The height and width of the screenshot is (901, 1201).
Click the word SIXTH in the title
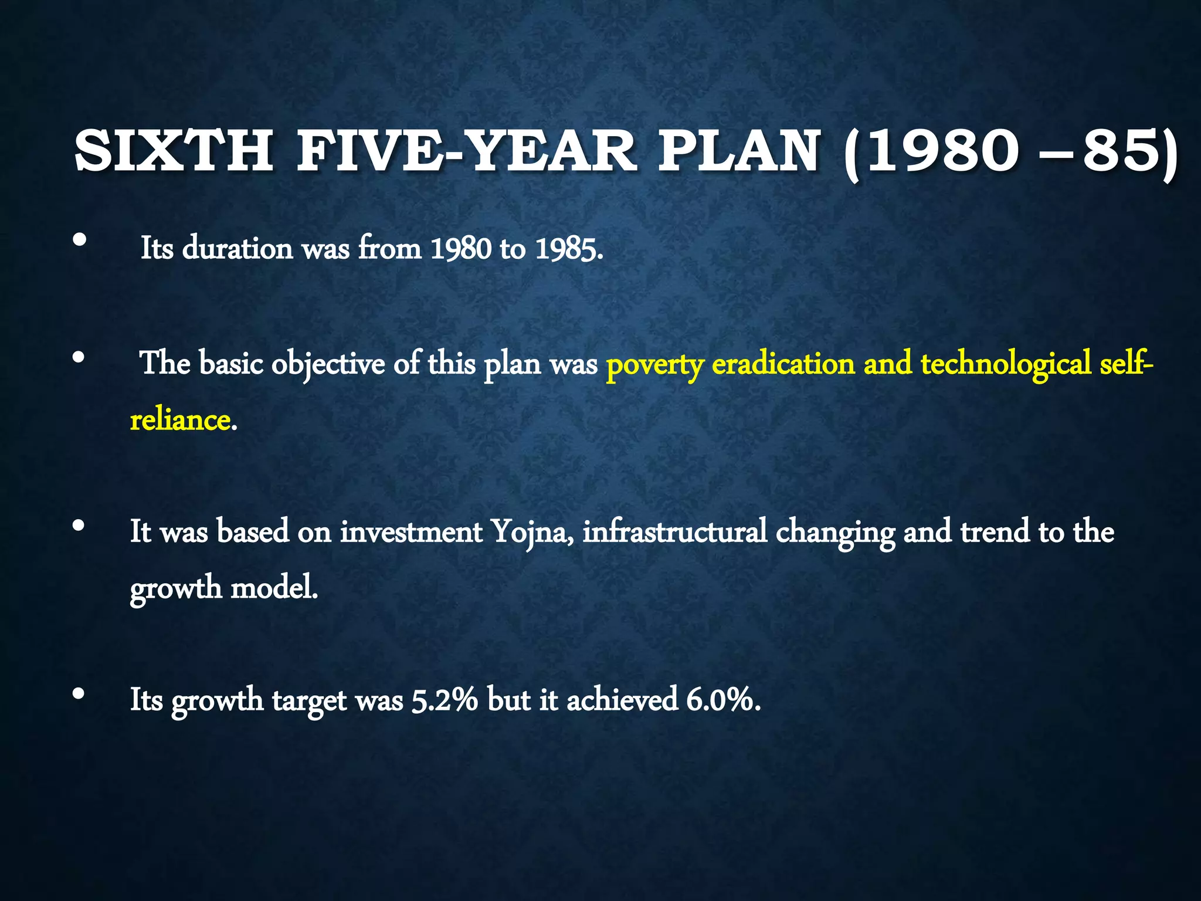174,151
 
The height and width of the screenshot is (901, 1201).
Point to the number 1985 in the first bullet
568,249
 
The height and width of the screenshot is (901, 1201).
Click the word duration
238,249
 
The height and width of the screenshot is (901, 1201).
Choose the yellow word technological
1006,364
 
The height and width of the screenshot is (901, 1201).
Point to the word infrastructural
674,531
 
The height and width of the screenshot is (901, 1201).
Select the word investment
411,531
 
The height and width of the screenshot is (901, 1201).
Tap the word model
274,588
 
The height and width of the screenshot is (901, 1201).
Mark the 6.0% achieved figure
723,700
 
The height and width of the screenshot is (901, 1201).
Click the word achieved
622,700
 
